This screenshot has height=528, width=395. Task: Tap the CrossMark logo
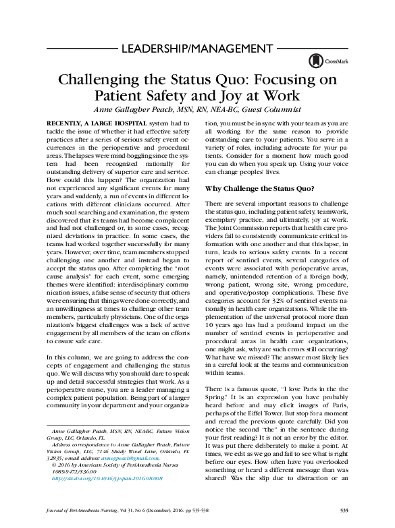coord(319,61)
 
